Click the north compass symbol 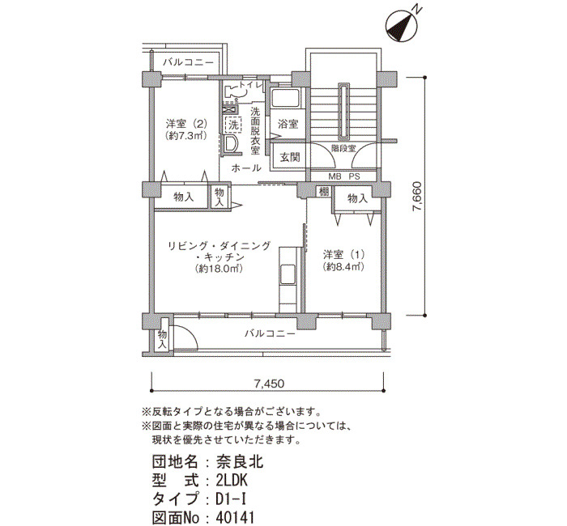[402, 25]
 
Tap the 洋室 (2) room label [186, 124]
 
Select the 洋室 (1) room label [343, 255]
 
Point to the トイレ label [249, 86]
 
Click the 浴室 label [288, 125]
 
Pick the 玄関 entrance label [290, 157]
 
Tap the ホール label [246, 168]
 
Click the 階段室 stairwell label [343, 148]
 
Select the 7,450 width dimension [269, 384]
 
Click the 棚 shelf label [324, 191]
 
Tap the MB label [335, 177]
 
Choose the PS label [355, 177]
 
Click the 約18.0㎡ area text [219, 269]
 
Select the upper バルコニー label [188, 62]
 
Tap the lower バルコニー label [270, 333]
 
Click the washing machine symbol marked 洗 [233, 125]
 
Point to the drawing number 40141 [235, 518]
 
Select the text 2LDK [232, 481]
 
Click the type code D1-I [231, 499]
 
